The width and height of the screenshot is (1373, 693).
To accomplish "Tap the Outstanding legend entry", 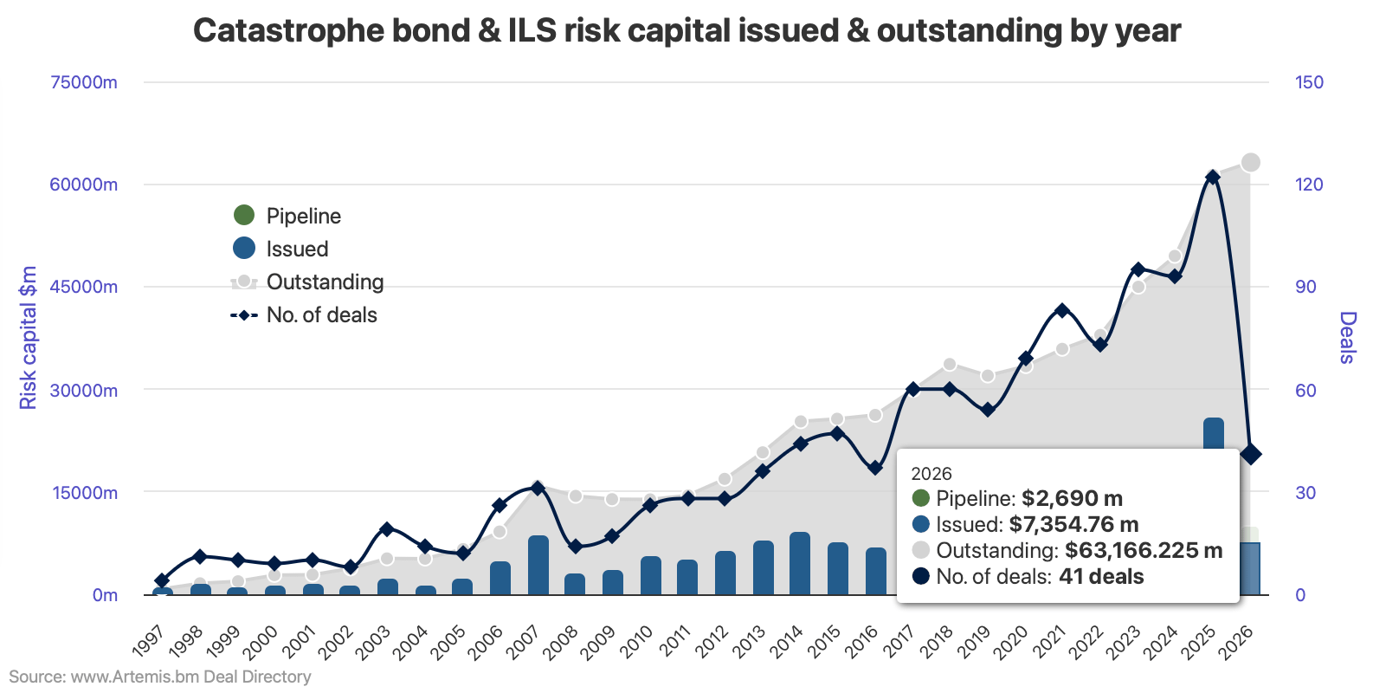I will click(x=308, y=282).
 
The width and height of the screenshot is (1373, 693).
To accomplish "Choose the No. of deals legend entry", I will click(x=304, y=314).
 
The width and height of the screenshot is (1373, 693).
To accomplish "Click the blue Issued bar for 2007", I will click(x=538, y=565).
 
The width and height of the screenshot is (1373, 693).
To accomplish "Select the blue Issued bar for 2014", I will click(x=800, y=563).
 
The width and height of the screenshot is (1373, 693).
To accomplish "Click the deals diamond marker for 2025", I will click(x=1213, y=177).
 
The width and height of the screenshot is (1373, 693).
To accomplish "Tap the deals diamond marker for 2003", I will click(x=387, y=528).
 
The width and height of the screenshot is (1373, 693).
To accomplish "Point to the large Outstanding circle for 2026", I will click(x=1250, y=163).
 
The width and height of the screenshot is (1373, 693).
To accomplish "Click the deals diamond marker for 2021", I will click(x=1062, y=310).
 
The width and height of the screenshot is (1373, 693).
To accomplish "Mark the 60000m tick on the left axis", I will click(x=84, y=185).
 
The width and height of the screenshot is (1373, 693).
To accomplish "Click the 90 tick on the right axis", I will click(x=1305, y=287).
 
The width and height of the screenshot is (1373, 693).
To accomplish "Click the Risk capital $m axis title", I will click(x=29, y=338).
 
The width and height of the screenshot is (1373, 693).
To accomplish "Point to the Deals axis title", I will click(x=1347, y=338).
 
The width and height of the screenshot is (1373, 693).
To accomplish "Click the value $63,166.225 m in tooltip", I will click(x=1143, y=551).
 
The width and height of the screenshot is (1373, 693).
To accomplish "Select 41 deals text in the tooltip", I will click(x=1101, y=577).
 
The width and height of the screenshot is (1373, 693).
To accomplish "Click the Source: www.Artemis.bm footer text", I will click(x=160, y=677).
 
